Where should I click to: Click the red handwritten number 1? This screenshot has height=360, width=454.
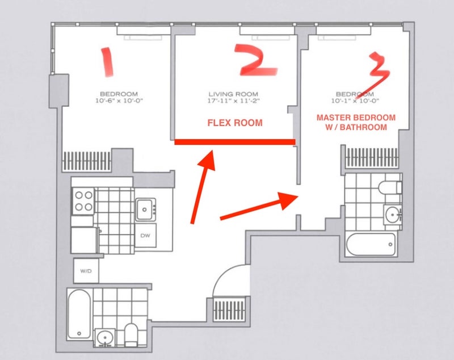point(108,62)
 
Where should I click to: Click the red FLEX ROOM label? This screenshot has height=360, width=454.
point(235,123)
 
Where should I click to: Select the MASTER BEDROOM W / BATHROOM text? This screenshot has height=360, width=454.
point(356,122)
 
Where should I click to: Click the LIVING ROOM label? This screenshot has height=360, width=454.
point(233,94)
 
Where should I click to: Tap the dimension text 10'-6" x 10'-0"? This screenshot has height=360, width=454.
point(119,101)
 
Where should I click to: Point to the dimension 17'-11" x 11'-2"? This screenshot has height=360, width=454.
point(233,101)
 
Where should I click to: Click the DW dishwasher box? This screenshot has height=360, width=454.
point(145,235)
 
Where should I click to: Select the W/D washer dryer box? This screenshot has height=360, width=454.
point(86,271)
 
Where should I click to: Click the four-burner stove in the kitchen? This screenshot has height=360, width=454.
point(83,201)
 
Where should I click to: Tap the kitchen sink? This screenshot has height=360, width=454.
point(146,210)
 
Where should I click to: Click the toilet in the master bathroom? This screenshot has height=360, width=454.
point(390,188)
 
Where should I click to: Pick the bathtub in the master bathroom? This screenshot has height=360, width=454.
point(371,244)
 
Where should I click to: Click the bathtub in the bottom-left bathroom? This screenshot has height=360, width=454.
point(79,315)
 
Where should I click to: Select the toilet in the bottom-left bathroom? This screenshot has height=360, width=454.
point(131,335)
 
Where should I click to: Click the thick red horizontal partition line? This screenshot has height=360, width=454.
point(235,142)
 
